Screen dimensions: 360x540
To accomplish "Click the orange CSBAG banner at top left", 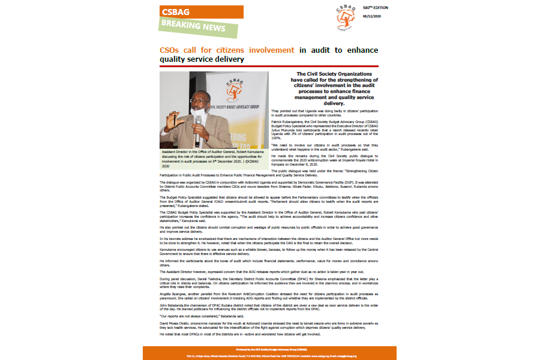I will (201, 12).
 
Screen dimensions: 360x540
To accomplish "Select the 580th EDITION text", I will (376, 7).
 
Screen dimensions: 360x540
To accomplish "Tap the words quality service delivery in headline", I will (202, 59).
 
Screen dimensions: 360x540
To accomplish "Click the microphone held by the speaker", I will (198, 124).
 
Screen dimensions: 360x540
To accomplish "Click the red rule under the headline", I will (270, 66).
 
